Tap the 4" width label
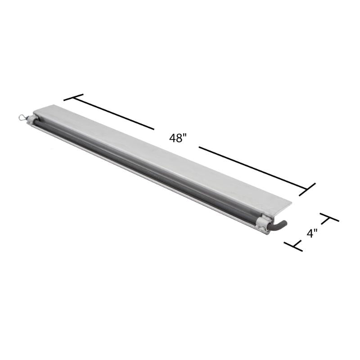(312, 233)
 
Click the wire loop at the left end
(22, 117)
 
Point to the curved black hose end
(280, 225)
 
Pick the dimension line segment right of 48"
(252, 166)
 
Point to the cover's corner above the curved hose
(290, 204)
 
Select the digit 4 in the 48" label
(172, 138)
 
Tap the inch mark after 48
(184, 136)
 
